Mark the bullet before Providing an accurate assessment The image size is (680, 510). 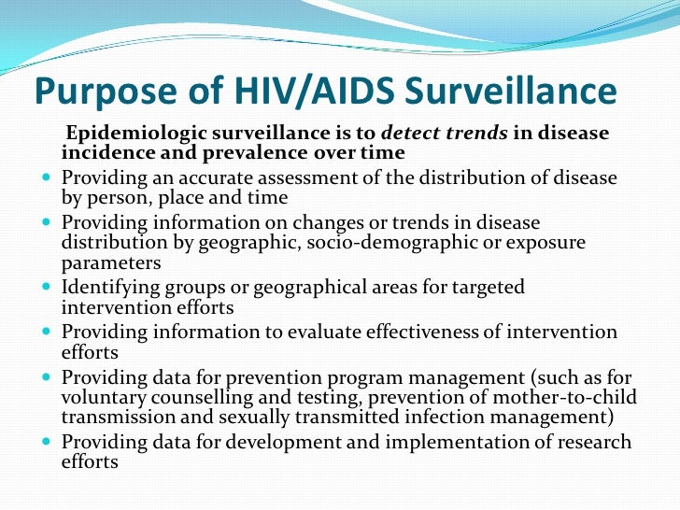(x=48, y=178)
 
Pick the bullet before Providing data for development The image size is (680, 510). (x=48, y=443)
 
